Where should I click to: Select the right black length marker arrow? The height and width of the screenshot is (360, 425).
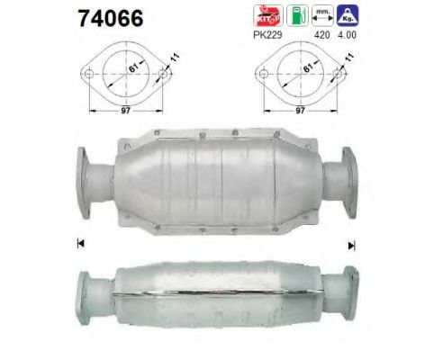(352, 243)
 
